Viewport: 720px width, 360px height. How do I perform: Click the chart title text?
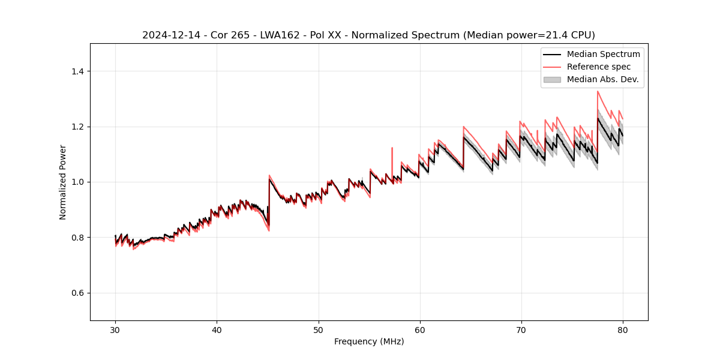point(368,35)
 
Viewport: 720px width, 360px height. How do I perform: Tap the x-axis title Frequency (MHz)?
point(369,341)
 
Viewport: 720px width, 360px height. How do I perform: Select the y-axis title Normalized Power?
point(63,182)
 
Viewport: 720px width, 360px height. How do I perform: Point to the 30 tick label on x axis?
point(116,329)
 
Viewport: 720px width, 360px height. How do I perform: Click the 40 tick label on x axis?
point(217,329)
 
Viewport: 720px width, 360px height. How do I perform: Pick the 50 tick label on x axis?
point(319,329)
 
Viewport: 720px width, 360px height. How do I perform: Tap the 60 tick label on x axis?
point(420,329)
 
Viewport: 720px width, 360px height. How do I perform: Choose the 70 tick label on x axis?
point(521,329)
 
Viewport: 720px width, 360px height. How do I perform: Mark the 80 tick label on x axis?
point(623,329)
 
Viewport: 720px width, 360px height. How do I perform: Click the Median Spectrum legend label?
point(603,54)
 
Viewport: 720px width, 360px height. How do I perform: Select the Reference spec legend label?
point(599,67)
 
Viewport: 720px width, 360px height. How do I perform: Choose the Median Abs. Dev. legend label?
point(602,79)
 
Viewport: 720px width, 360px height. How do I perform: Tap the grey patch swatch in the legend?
point(552,79)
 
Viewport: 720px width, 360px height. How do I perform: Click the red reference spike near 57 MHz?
point(392,149)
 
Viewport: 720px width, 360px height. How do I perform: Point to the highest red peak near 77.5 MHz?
point(598,92)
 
